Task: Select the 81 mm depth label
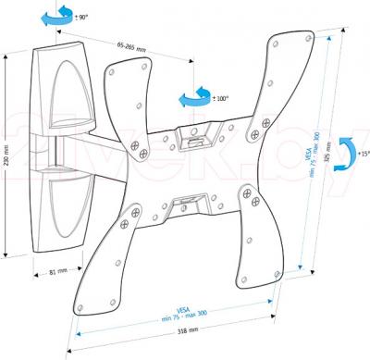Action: click(57, 271)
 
